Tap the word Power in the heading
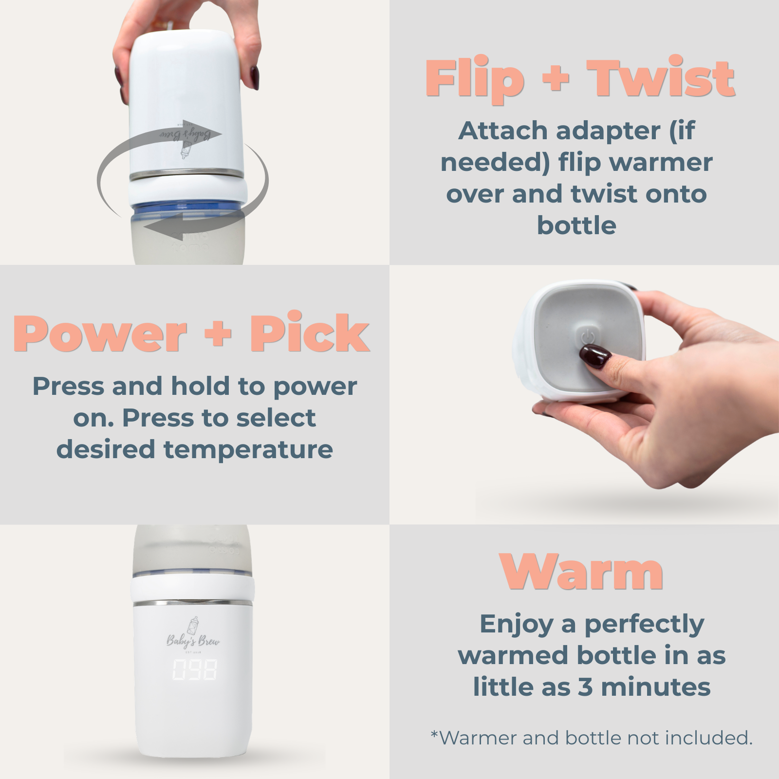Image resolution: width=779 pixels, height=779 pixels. [100, 334]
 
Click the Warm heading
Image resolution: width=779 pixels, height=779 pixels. [581, 573]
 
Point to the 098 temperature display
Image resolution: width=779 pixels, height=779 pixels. [194, 670]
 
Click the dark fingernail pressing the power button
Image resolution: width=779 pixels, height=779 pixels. [595, 356]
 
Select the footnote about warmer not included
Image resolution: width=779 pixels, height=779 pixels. [591, 738]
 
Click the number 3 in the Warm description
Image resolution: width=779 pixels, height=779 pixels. [585, 687]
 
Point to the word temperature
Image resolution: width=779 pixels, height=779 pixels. [248, 449]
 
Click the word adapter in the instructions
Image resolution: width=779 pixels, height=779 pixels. [608, 130]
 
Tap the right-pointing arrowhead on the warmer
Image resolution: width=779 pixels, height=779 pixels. [209, 133]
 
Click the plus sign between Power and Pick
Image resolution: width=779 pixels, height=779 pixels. [218, 334]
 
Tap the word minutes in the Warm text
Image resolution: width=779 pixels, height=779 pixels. [655, 687]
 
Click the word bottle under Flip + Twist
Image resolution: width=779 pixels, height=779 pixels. [576, 225]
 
